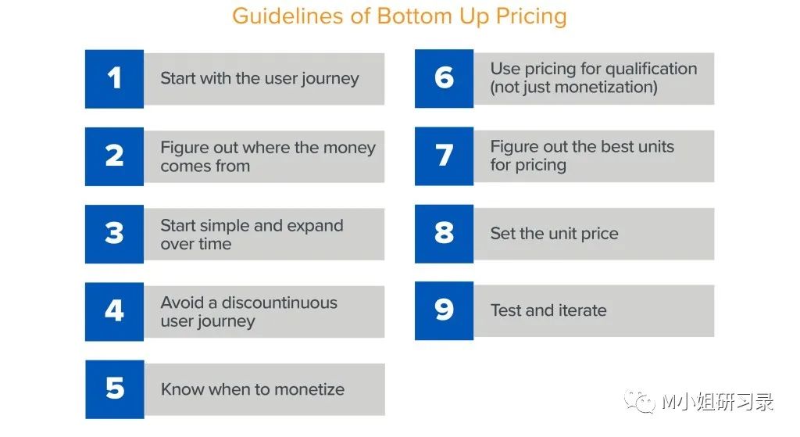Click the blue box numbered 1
coord(114,79)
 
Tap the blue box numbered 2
coord(114,156)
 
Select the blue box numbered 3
coord(114,234)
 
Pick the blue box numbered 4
coord(114,311)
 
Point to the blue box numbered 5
coord(115,389)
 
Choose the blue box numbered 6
coord(444,78)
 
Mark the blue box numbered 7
coord(444,156)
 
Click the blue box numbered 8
coord(444,233)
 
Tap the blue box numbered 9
coord(444,310)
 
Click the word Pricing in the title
coord(531,17)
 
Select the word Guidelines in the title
coord(288,16)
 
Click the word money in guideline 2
coord(349,148)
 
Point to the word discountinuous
coord(279,303)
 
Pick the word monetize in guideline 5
coord(309,389)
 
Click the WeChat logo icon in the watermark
coord(639,401)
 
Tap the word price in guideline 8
coord(599,234)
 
